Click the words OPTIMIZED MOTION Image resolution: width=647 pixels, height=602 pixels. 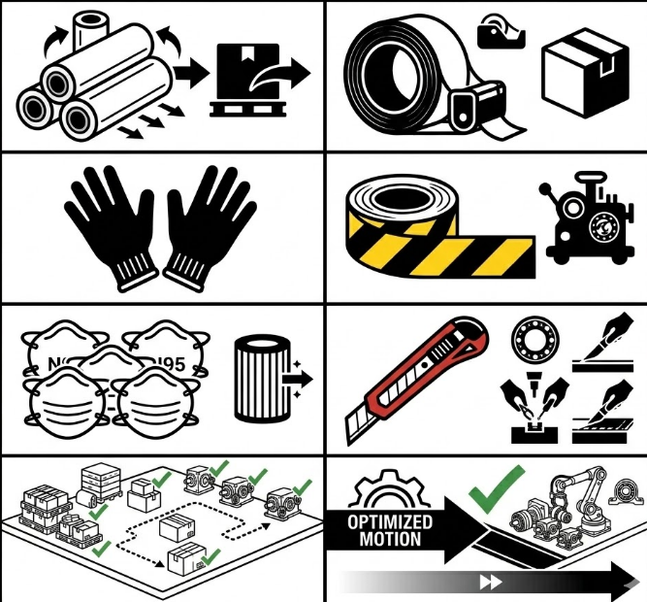(385, 530)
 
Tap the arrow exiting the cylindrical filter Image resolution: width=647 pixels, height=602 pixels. (294, 382)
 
